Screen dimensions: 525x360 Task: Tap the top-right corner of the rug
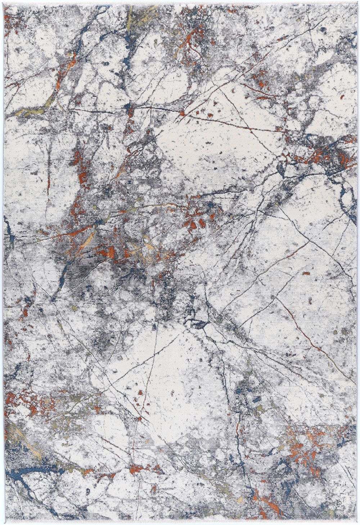(x=356, y=4)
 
